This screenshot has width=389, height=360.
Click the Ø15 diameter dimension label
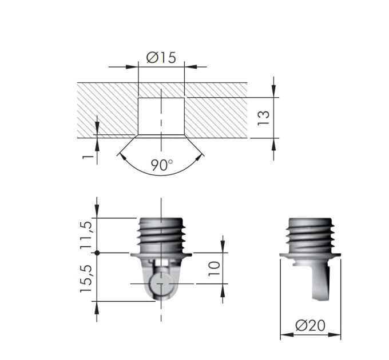pyautogui.click(x=161, y=58)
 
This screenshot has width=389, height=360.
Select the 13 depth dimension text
pyautogui.click(x=263, y=118)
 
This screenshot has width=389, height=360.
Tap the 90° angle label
pyautogui.click(x=162, y=165)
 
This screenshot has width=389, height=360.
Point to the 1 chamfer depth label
pyautogui.click(x=88, y=157)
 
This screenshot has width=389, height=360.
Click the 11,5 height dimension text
pyautogui.click(x=86, y=235)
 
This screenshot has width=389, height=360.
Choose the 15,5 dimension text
pyautogui.click(x=86, y=279)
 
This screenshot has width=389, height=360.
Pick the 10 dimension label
pyautogui.click(x=214, y=269)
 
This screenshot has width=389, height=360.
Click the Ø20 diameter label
pyautogui.click(x=310, y=325)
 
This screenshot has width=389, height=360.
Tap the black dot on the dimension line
pyautogui.click(x=97, y=253)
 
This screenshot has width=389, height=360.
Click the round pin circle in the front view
pyautogui.click(x=161, y=283)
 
